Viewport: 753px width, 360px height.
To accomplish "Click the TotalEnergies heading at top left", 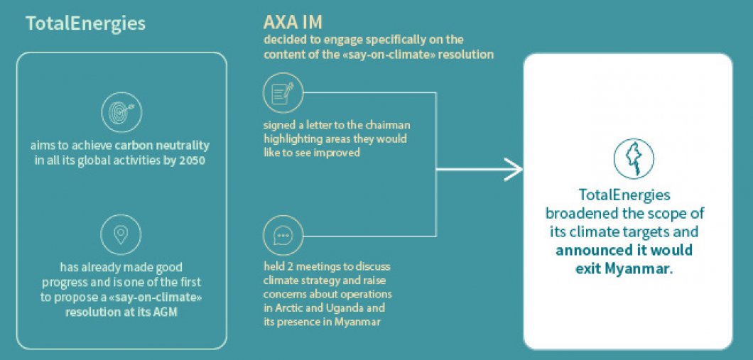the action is point(85,23).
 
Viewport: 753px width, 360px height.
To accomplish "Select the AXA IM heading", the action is point(293,22).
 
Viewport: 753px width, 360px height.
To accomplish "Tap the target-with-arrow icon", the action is point(121,113).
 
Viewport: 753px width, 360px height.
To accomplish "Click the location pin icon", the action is point(121,234).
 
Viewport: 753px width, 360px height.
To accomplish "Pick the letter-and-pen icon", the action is point(283,92).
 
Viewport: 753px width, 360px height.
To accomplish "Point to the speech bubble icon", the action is point(283,236).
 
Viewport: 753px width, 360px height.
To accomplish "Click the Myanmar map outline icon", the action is point(634,159).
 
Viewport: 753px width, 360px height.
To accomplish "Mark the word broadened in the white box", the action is point(579,212).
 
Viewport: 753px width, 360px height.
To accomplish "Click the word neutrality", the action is point(185,145).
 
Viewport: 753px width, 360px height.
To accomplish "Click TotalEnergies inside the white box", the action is point(624,195).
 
